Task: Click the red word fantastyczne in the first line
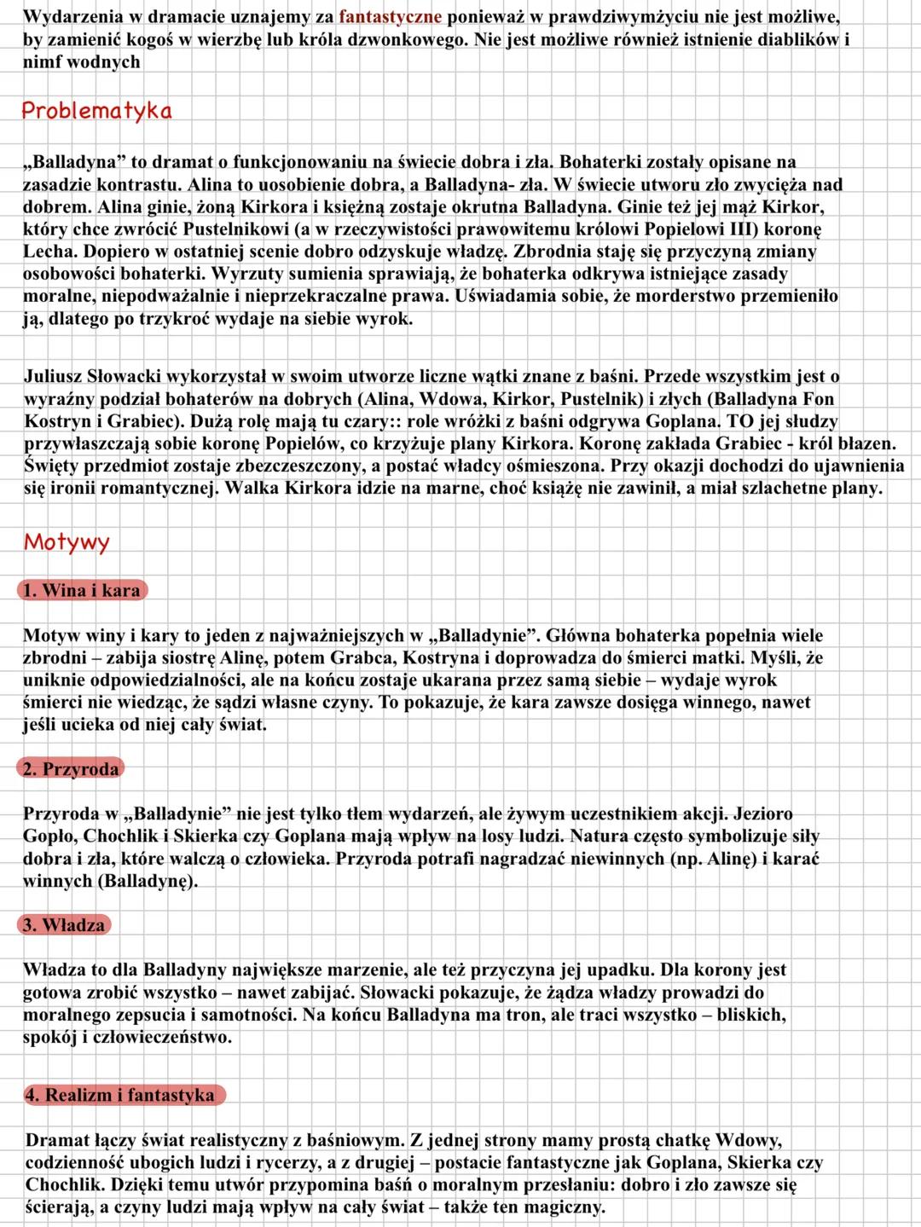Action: (390, 16)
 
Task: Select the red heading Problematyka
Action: (96, 111)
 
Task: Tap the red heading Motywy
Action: (67, 542)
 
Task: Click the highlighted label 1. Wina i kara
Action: (81, 590)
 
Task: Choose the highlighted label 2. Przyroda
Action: (71, 769)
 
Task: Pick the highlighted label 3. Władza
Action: (64, 925)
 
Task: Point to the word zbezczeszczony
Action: (294, 466)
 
